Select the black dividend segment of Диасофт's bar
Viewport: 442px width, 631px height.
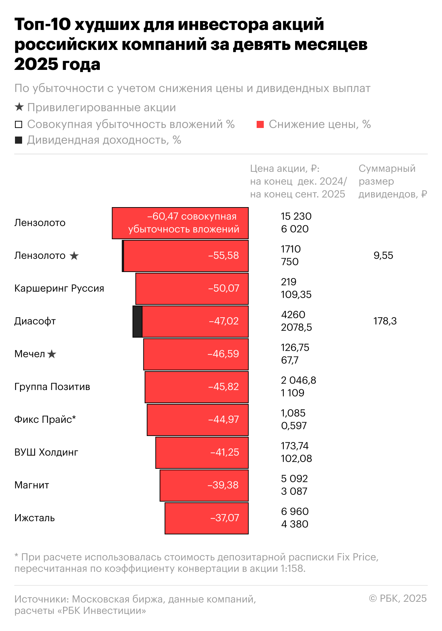pyautogui.click(x=138, y=321)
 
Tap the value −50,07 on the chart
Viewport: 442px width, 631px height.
pyautogui.click(x=224, y=288)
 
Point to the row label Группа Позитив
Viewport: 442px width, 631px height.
pyautogui.click(x=52, y=387)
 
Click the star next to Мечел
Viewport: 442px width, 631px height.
pyautogui.click(x=52, y=354)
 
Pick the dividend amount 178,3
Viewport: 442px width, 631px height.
pyautogui.click(x=385, y=321)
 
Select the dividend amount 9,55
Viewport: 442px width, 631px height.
pyautogui.click(x=383, y=256)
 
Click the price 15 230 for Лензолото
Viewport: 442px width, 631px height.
pyautogui.click(x=296, y=216)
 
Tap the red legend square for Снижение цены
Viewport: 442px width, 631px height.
pyautogui.click(x=260, y=124)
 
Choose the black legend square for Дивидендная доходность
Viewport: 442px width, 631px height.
pyautogui.click(x=19, y=140)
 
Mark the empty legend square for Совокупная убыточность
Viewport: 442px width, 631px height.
pyautogui.click(x=19, y=124)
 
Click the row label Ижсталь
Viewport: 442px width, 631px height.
pyautogui.click(x=35, y=518)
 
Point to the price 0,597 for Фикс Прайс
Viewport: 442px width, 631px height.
pyautogui.click(x=294, y=426)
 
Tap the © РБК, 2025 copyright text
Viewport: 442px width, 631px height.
pyautogui.click(x=398, y=599)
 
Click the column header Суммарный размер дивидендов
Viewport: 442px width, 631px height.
pyautogui.click(x=392, y=181)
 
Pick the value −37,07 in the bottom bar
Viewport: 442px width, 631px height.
pyautogui.click(x=225, y=518)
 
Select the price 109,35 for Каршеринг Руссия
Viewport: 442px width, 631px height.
pyautogui.click(x=296, y=294)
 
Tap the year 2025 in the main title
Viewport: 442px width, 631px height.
pyautogui.click(x=35, y=65)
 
